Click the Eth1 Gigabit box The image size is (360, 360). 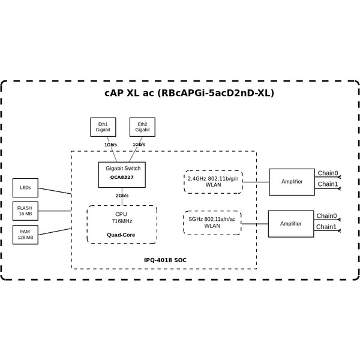(x=103, y=127)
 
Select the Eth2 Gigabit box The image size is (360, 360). (x=142, y=127)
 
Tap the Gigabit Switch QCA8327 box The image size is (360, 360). (x=122, y=174)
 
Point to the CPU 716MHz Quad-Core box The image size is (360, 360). (x=122, y=224)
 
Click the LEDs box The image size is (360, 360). (x=25, y=188)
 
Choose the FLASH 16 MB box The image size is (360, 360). (x=25, y=211)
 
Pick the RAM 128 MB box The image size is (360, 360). (x=25, y=235)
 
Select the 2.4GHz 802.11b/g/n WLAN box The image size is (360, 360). (x=213, y=181)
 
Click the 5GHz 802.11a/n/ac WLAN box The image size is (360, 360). (x=212, y=223)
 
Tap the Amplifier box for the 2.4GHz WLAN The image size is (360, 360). (x=291, y=181)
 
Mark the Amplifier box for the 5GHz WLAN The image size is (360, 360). (x=291, y=223)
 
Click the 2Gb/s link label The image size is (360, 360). (x=122, y=196)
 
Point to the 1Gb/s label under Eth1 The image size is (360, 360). (x=110, y=145)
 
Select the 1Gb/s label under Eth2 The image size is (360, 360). (x=139, y=145)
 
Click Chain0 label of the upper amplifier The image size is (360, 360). (x=328, y=173)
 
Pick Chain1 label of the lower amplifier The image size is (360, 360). (x=326, y=227)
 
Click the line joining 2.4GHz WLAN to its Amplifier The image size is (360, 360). (x=256, y=181)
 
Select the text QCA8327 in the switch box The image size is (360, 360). (x=122, y=178)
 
